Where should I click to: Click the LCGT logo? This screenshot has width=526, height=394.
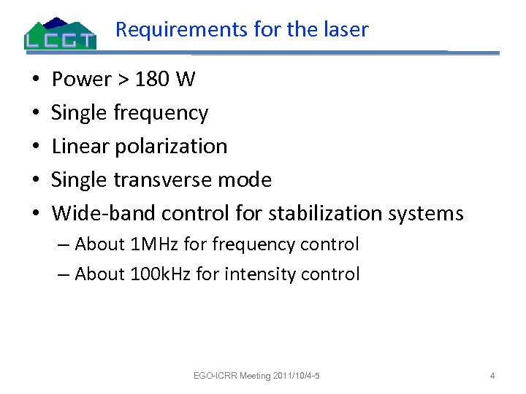tap(60, 34)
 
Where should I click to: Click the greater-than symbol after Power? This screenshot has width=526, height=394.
tap(121, 80)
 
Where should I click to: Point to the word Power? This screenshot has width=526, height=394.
tap(80, 79)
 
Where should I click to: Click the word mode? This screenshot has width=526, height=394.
tap(246, 179)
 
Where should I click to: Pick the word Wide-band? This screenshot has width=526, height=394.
tap(104, 213)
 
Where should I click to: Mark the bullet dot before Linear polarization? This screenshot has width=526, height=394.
tap(37, 147)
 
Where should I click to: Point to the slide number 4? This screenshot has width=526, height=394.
tap(492, 376)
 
